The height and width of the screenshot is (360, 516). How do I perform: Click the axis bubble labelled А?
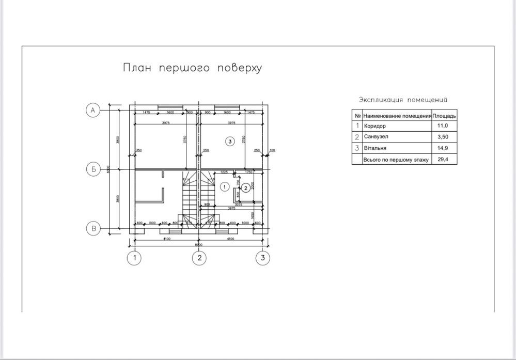(92, 111)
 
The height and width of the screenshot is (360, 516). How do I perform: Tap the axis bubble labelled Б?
(92, 169)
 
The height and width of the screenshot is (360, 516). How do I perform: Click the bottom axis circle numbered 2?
(199, 258)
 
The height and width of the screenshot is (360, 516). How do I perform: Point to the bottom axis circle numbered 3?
(263, 258)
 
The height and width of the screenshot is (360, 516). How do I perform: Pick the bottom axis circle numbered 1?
(135, 258)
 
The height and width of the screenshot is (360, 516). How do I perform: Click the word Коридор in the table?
(375, 126)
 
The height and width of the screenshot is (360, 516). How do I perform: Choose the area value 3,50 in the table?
(443, 137)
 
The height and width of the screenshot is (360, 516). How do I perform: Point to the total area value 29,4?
(443, 160)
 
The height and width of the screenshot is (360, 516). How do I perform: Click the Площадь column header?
(444, 116)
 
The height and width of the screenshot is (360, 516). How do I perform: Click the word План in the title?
(136, 68)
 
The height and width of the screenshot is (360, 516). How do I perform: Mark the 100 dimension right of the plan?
(272, 150)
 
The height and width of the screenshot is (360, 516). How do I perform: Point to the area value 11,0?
(443, 126)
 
